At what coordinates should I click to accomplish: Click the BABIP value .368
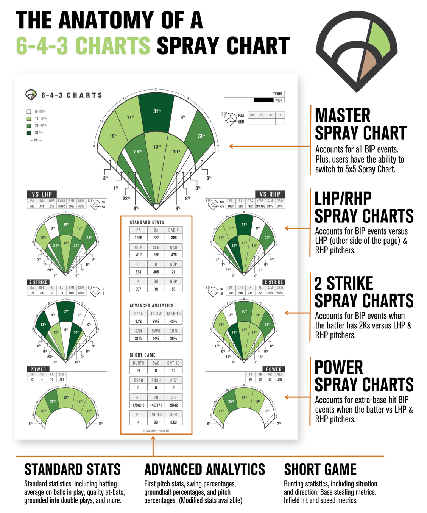[x=173, y=238]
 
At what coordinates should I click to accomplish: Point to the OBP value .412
[x=139, y=255]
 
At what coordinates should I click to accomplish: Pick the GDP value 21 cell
[x=173, y=272]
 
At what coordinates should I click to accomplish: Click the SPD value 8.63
[x=173, y=422]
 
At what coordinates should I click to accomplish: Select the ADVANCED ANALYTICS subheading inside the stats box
[x=151, y=305]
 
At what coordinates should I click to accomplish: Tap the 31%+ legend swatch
[x=29, y=133]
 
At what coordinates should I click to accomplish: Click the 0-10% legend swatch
[x=29, y=112]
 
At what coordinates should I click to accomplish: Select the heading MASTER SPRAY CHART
[x=360, y=124]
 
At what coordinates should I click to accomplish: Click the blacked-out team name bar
[x=264, y=100]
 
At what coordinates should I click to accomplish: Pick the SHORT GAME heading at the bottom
[x=320, y=469]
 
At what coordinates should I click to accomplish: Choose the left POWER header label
[x=38, y=369]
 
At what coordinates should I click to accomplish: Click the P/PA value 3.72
[x=139, y=321]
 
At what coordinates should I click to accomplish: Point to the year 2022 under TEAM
[x=279, y=101]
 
